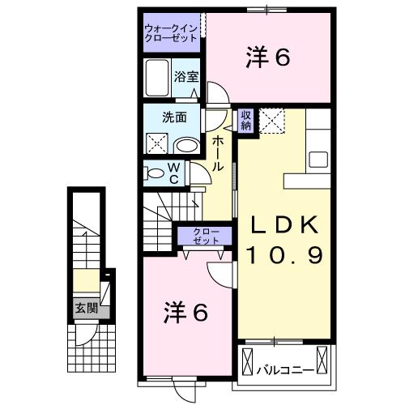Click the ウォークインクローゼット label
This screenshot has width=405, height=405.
(172, 33)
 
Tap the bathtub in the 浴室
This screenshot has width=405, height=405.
(157, 78)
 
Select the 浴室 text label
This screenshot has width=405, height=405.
(186, 77)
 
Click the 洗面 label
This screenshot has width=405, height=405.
(174, 117)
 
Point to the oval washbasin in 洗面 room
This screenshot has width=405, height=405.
(187, 146)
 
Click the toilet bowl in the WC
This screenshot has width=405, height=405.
(155, 173)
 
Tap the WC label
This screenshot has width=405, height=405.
(174, 173)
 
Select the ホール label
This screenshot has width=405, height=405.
(218, 154)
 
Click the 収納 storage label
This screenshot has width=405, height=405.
(245, 121)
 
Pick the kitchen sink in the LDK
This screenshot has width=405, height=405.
(318, 160)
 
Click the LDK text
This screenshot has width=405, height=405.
(284, 225)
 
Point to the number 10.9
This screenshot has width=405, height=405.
(285, 255)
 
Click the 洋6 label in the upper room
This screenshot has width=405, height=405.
(268, 57)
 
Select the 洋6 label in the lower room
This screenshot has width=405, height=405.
(185, 313)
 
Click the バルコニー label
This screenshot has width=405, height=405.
(286, 369)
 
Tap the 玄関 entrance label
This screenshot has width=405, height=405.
(86, 308)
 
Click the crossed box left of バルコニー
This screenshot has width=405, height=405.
(248, 361)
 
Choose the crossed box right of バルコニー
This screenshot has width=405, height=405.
(322, 360)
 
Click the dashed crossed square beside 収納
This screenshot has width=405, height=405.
(272, 121)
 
